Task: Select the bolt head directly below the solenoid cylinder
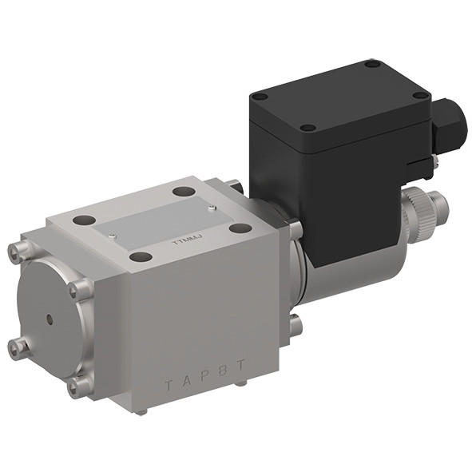click(x=295, y=325)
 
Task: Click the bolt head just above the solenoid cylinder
click(x=295, y=231)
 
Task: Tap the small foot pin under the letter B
click(x=240, y=384)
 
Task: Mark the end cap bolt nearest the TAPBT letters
click(x=78, y=387)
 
